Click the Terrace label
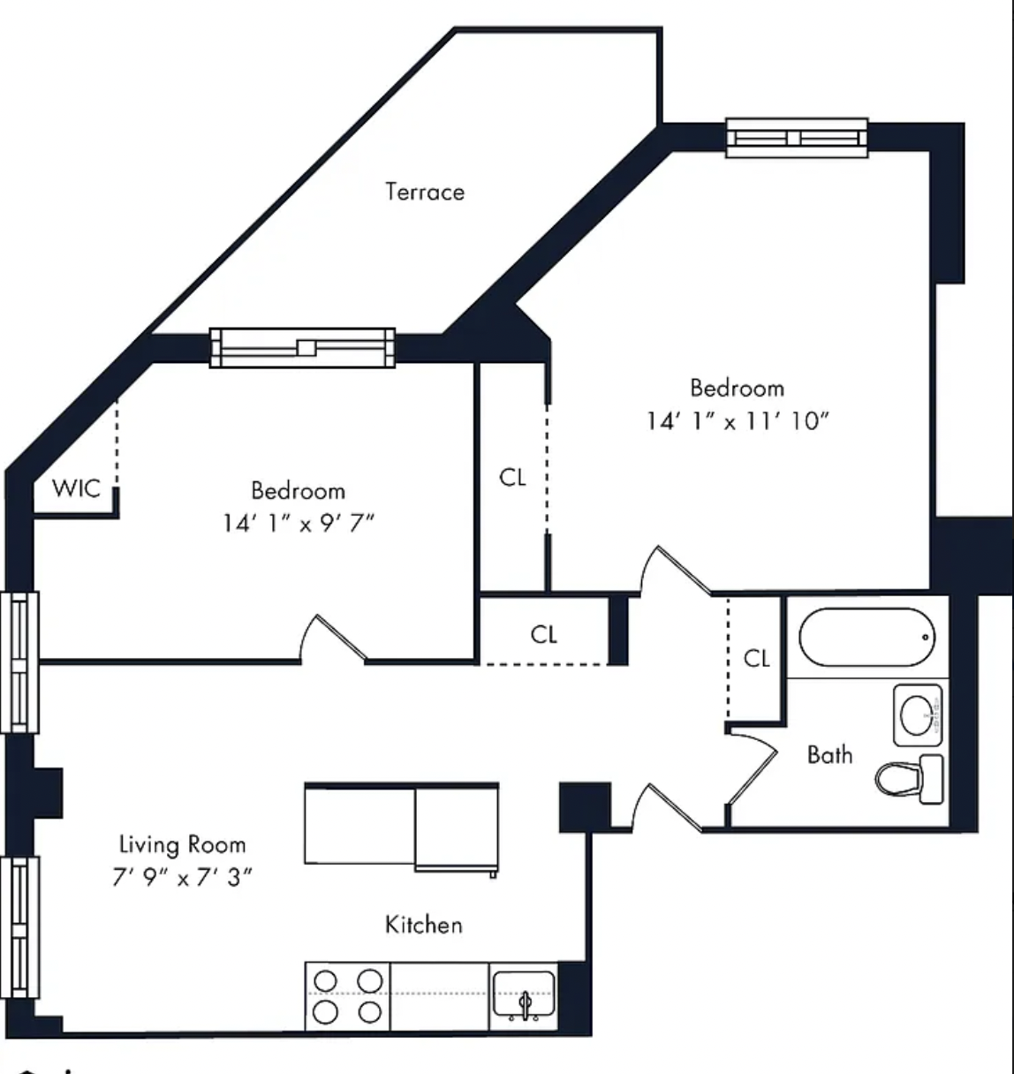425,192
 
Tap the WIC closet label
76,488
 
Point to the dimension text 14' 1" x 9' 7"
299,523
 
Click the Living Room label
182,844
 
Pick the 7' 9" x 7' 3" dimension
182,877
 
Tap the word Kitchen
424,925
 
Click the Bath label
829,755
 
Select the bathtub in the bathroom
866,638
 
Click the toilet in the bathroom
910,779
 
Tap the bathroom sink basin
918,715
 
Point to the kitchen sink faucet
525,1004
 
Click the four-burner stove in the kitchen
347,996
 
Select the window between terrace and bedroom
302,348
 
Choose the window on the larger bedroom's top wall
797,138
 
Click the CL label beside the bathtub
756,658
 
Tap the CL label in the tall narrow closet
512,478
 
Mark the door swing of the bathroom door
753,767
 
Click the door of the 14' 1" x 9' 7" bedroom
334,639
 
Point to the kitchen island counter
401,827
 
